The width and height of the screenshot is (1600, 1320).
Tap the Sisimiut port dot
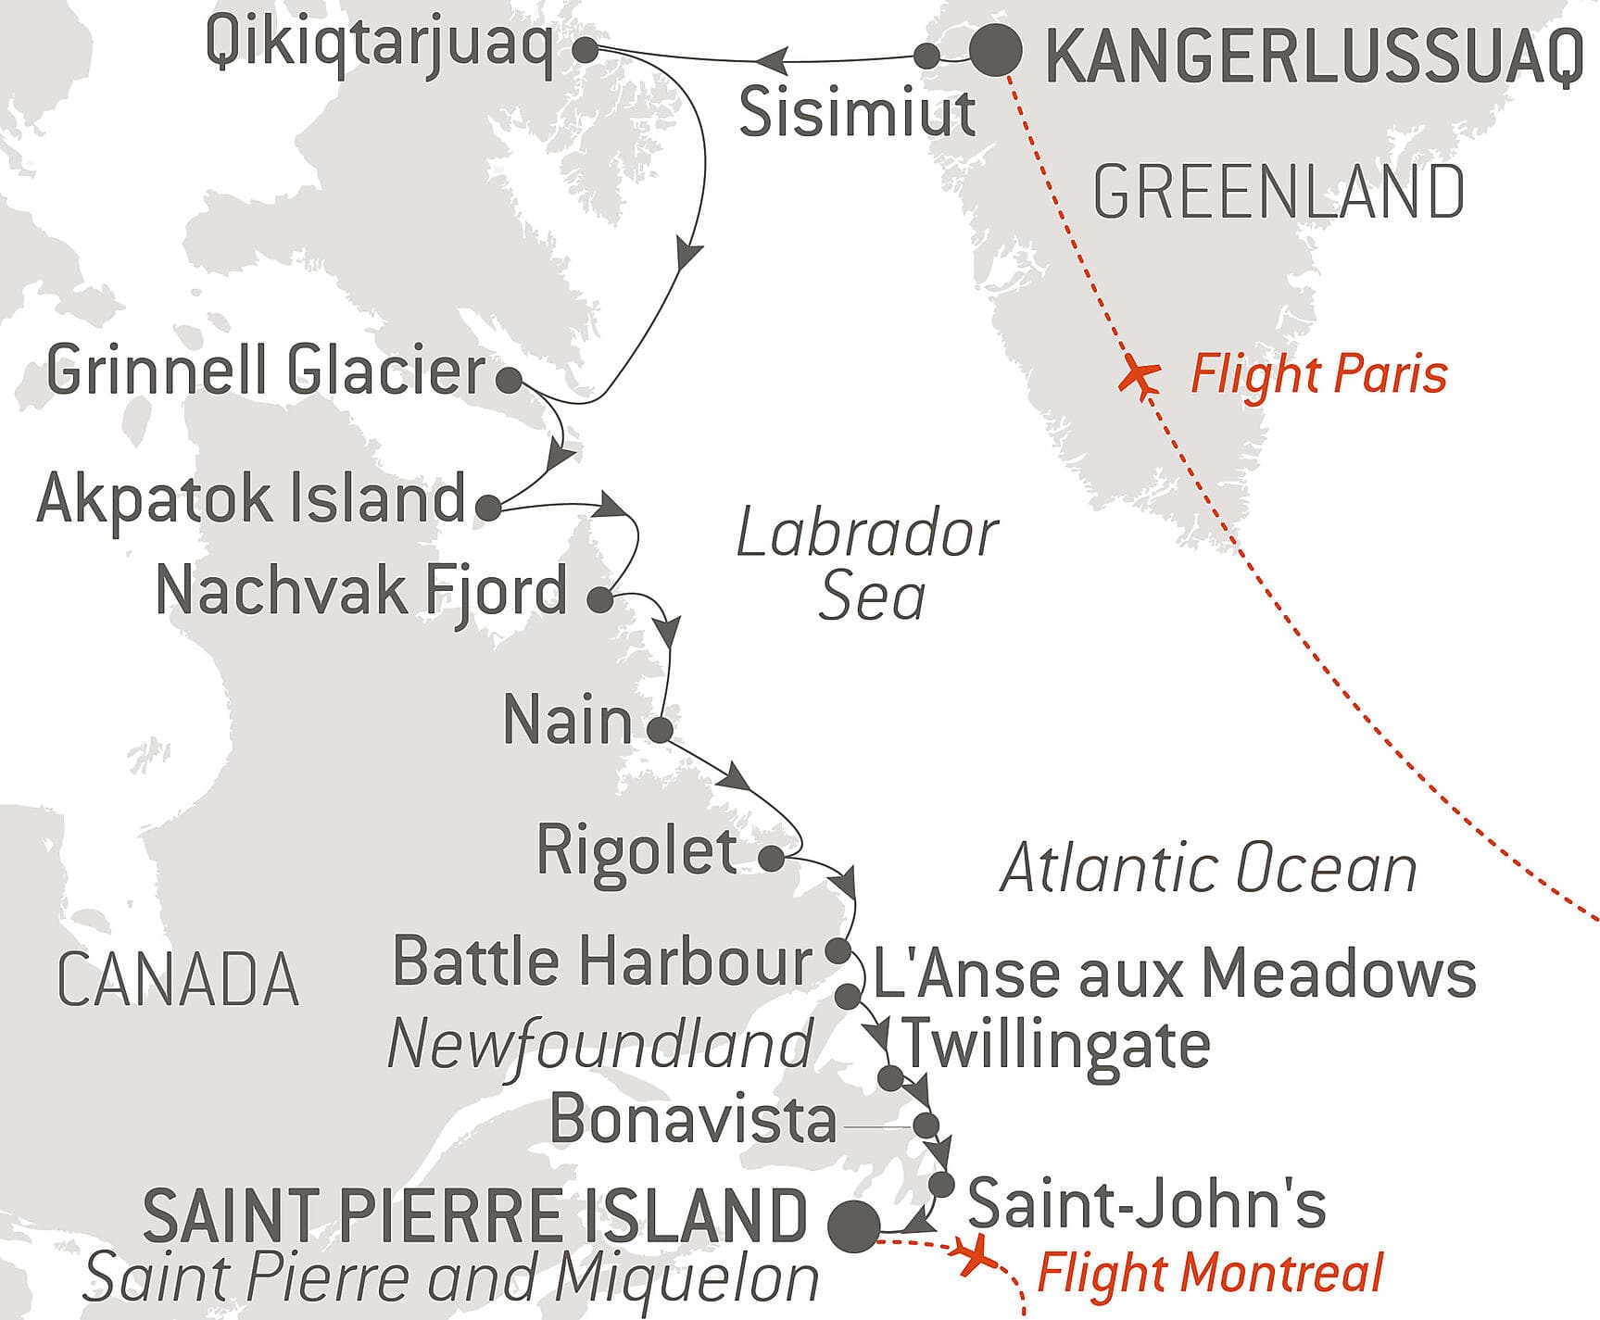click(x=926, y=56)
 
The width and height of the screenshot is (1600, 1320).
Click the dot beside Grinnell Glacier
click(x=509, y=380)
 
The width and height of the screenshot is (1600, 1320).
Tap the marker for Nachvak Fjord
click(x=600, y=599)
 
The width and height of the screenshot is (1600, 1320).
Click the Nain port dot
click(x=660, y=729)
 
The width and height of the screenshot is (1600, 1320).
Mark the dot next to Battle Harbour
click(x=838, y=950)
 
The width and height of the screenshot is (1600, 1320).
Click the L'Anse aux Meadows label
click(x=1174, y=974)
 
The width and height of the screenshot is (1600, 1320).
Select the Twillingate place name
click(x=1056, y=1045)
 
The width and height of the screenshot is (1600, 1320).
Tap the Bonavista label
click(x=693, y=1120)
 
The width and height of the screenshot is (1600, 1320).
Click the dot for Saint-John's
click(x=941, y=1185)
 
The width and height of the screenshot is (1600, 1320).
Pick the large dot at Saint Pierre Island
click(x=853, y=1226)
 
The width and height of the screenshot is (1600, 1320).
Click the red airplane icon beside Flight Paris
click(x=1139, y=375)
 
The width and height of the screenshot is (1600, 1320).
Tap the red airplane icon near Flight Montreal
click(x=974, y=1258)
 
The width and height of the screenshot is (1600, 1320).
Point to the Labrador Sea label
click(x=868, y=565)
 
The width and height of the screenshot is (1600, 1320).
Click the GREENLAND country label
click(x=1279, y=193)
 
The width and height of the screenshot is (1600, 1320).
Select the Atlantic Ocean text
click(x=1209, y=870)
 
